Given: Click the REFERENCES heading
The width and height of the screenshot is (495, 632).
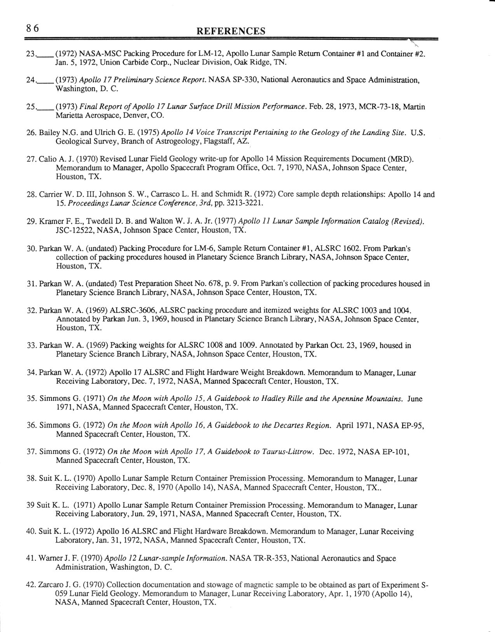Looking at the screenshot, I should (231, 31).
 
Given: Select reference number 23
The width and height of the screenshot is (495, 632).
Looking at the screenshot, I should (31, 54).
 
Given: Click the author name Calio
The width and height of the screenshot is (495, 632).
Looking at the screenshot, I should (47, 159).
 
